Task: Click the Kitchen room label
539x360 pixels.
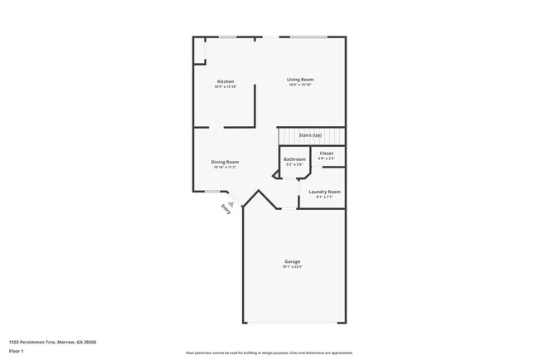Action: (226, 81)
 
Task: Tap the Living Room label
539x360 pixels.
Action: (300, 80)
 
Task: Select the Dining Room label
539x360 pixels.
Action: (225, 162)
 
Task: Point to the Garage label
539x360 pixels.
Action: (293, 261)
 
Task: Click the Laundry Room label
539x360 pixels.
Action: (324, 192)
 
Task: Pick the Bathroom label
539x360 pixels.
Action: (294, 159)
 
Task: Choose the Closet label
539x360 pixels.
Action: (327, 153)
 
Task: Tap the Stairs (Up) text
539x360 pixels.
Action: (310, 135)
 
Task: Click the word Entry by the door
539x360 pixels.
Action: (226, 210)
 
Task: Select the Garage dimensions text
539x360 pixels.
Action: (293, 266)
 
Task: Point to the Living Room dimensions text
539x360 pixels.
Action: (300, 85)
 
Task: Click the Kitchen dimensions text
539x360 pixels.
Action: (226, 86)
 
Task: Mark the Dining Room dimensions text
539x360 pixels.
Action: (225, 167)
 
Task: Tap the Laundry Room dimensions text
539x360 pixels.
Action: (324, 197)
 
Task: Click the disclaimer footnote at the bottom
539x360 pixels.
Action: (269, 353)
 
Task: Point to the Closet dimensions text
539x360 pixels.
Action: (327, 158)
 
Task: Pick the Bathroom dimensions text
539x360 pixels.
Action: (294, 164)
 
